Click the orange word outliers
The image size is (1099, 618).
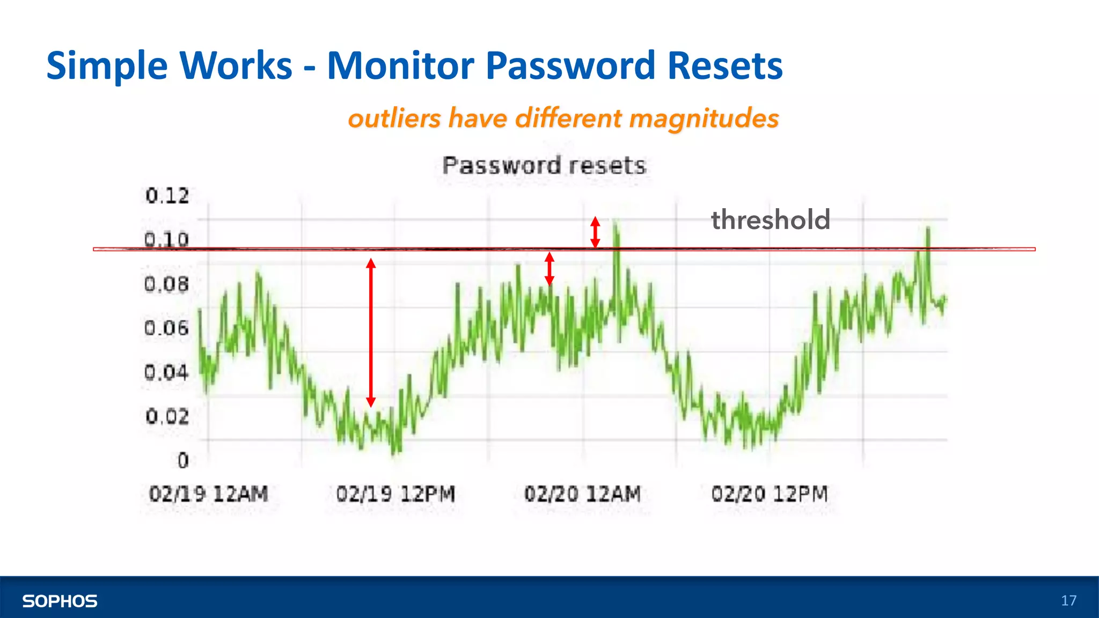click(x=394, y=118)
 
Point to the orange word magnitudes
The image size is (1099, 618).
click(x=704, y=118)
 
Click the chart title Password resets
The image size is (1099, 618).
click(x=544, y=165)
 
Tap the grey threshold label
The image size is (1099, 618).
click(x=771, y=220)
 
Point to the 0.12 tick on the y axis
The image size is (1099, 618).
click(x=167, y=196)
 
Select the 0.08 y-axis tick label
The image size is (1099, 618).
click(x=167, y=284)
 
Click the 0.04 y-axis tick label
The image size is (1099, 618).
click(x=167, y=372)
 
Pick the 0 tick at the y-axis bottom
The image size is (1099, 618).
click(x=183, y=460)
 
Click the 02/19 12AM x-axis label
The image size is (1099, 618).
click(x=208, y=494)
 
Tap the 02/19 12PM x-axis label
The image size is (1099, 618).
click(x=395, y=494)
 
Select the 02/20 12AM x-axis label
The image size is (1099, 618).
click(x=582, y=494)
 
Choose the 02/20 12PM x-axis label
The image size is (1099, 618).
click(x=770, y=494)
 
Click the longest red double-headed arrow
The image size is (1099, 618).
click(x=371, y=333)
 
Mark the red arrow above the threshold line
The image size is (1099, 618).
click(x=595, y=232)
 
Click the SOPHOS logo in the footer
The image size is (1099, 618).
click(x=60, y=601)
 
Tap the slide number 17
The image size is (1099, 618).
click(x=1068, y=600)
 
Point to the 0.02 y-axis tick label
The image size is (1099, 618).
click(x=167, y=416)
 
